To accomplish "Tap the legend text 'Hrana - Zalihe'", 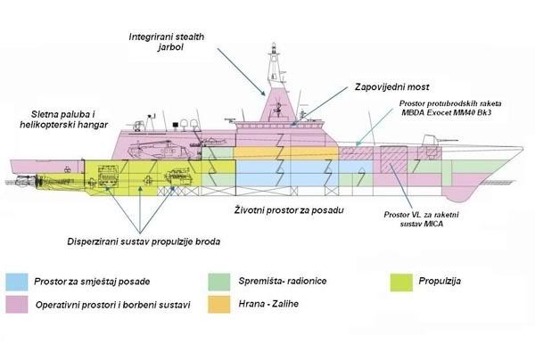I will tap(267, 305).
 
